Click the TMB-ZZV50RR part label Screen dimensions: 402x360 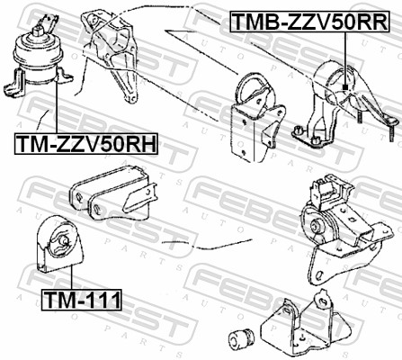[x=309, y=21]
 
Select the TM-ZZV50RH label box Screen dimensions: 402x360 [x=86, y=144]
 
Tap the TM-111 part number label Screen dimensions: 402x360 [x=82, y=300]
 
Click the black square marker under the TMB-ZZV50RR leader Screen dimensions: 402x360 [x=345, y=87]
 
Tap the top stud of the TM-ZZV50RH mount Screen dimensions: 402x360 [x=38, y=31]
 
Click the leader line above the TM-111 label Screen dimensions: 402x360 [x=71, y=276]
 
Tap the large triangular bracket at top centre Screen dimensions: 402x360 [x=111, y=56]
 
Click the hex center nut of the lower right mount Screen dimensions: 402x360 [x=316, y=225]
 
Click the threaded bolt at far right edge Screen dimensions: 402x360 [x=391, y=129]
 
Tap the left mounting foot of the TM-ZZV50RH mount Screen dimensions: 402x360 [x=13, y=83]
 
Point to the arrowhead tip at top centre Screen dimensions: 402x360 [x=165, y=31]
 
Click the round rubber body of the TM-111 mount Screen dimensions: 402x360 [x=59, y=240]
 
